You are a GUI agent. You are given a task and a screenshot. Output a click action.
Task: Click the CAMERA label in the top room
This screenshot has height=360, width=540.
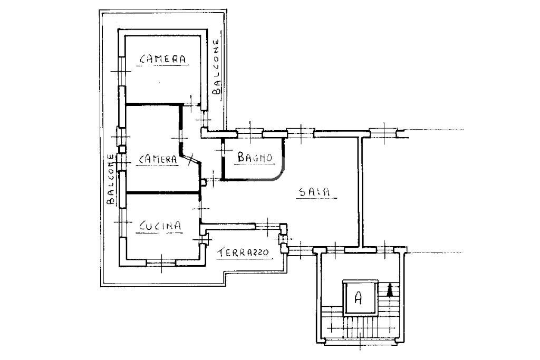(163, 60)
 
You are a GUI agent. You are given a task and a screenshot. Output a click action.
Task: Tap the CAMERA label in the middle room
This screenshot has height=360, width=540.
(158, 159)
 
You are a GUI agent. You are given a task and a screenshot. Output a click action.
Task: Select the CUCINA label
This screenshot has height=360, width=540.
(160, 226)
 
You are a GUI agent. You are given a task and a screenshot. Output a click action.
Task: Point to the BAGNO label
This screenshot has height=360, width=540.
(254, 157)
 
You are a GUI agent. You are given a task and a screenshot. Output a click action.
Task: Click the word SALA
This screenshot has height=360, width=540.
(314, 192)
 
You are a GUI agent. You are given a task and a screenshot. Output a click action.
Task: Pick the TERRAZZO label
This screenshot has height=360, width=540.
(244, 252)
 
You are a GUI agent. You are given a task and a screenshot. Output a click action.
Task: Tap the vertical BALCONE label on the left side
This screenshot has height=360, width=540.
(111, 180)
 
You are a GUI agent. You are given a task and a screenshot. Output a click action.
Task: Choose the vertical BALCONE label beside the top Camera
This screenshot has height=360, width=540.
(216, 67)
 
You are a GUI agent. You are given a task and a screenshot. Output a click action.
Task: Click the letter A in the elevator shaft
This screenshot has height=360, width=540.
(358, 298)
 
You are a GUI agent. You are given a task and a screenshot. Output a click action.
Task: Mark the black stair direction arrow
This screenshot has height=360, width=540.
(390, 289)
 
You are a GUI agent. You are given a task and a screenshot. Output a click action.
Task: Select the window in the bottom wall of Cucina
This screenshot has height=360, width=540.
(161, 262)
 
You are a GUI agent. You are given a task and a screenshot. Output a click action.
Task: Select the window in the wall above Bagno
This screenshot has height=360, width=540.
(248, 132)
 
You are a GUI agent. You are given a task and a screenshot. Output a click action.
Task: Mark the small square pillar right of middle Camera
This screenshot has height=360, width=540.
(204, 183)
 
